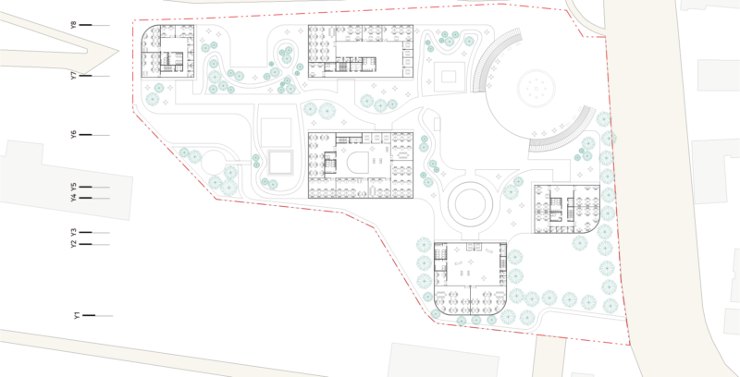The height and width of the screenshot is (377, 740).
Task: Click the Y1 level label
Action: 78,315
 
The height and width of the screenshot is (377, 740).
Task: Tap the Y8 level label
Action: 74,25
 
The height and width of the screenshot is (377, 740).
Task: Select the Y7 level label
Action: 74,76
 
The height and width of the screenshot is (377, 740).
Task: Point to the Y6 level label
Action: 74,135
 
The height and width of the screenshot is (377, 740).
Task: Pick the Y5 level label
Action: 74,187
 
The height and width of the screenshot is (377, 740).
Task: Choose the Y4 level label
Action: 74,198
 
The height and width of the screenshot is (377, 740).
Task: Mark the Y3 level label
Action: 74,232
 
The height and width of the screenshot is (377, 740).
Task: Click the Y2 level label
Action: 74,244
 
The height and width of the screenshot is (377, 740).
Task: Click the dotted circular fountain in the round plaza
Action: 536,88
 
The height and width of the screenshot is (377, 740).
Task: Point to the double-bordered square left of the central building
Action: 280,163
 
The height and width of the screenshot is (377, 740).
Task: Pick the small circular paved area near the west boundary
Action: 213,163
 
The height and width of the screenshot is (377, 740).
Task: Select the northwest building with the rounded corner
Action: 167,52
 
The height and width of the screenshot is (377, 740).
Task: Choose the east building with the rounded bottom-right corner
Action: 567,209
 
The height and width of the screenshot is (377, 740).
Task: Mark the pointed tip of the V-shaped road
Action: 118,51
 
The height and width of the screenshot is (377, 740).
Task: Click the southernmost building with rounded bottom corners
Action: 470,279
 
